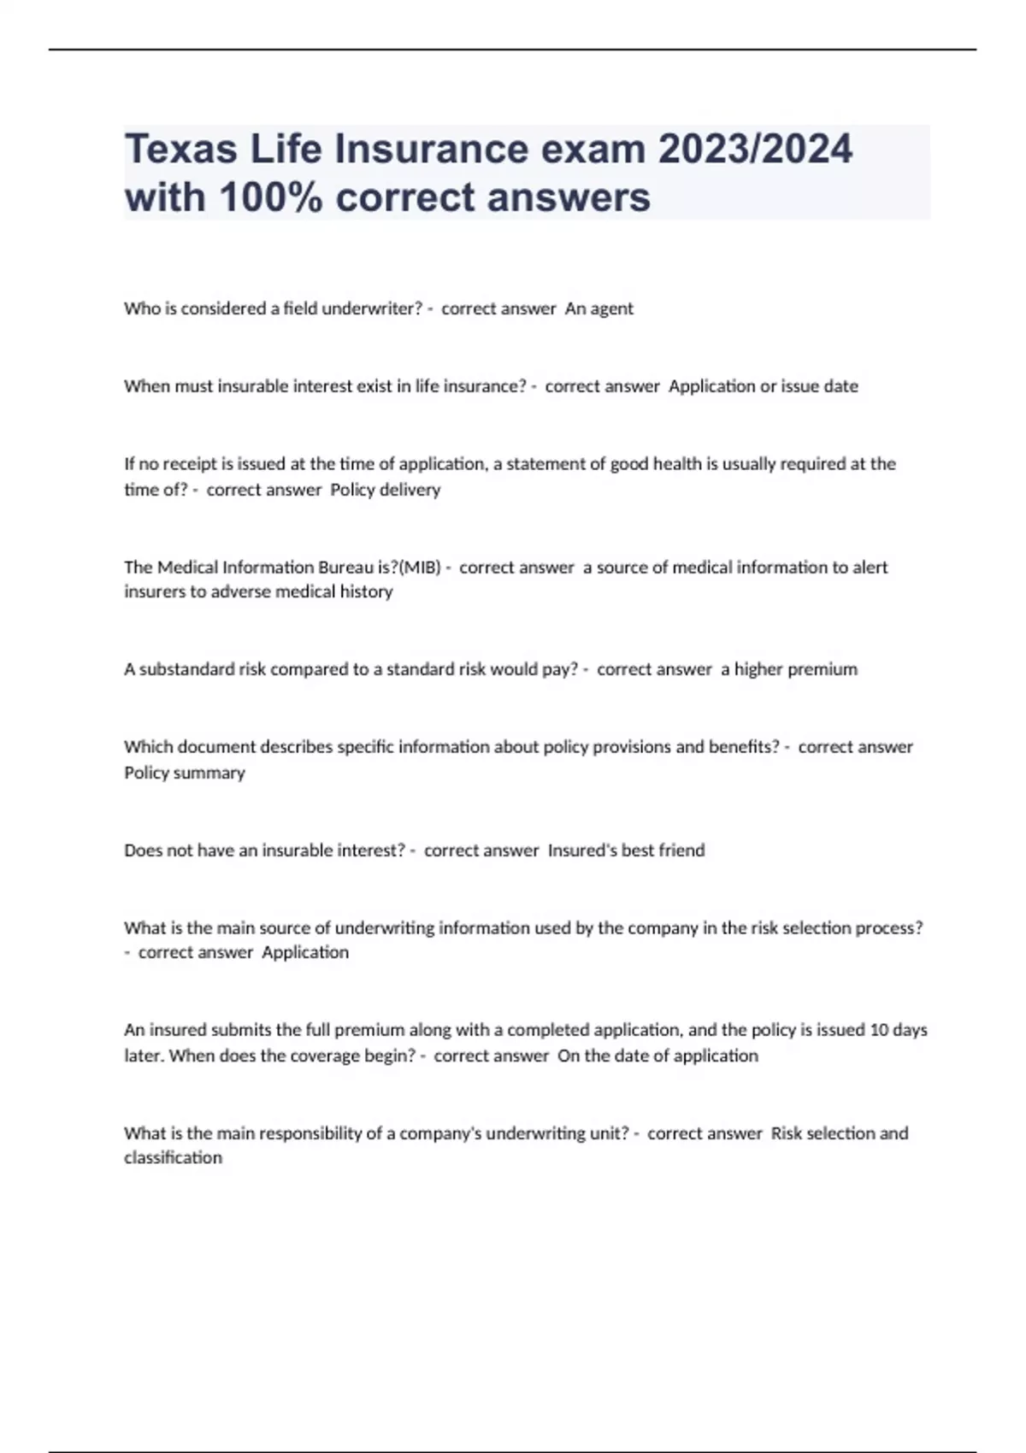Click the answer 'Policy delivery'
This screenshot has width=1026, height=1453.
(x=385, y=490)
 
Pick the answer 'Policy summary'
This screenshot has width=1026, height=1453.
(x=185, y=773)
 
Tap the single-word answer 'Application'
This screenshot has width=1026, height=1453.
(x=305, y=952)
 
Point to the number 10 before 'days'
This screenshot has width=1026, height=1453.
(x=879, y=1030)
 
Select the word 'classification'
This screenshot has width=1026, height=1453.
(x=173, y=1158)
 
